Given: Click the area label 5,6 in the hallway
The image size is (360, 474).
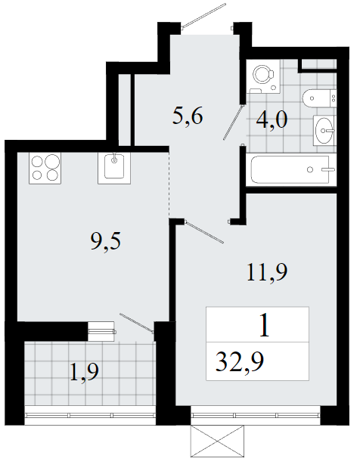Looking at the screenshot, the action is pyautogui.click(x=188, y=116).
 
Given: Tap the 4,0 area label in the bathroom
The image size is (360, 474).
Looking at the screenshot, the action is pyautogui.click(x=272, y=119).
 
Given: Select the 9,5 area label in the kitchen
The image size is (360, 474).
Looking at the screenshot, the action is pyautogui.click(x=106, y=241).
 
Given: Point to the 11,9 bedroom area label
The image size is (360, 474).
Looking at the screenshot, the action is pyautogui.click(x=267, y=272).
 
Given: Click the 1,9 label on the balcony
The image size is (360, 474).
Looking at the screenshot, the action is pyautogui.click(x=84, y=372).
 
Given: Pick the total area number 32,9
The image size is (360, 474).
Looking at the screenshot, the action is pyautogui.click(x=240, y=362).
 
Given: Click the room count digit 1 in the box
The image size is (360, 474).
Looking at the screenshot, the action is pyautogui.click(x=265, y=325).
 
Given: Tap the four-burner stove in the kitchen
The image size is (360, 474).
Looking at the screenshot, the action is pyautogui.click(x=45, y=168).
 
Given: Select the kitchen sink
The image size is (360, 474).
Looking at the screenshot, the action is pyautogui.click(x=114, y=168).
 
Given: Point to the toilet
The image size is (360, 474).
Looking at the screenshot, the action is pyautogui.click(x=319, y=98).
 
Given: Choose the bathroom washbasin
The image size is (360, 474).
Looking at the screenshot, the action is pyautogui.click(x=324, y=131).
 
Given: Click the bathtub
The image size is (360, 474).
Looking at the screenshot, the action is pyautogui.click(x=291, y=169).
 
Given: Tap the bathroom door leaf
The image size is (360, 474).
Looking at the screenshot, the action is pyautogui.click(x=234, y=122).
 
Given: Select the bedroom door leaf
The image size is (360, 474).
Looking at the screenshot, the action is pyautogui.click(x=204, y=232).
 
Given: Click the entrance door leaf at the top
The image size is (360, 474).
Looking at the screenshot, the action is pyautogui.click(x=204, y=17).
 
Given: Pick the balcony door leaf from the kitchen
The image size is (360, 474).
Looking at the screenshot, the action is pyautogui.click(x=137, y=323).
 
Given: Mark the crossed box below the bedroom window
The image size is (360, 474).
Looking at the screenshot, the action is pyautogui.click(x=218, y=441).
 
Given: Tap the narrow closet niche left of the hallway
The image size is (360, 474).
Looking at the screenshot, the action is pyautogui.click(x=124, y=110).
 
